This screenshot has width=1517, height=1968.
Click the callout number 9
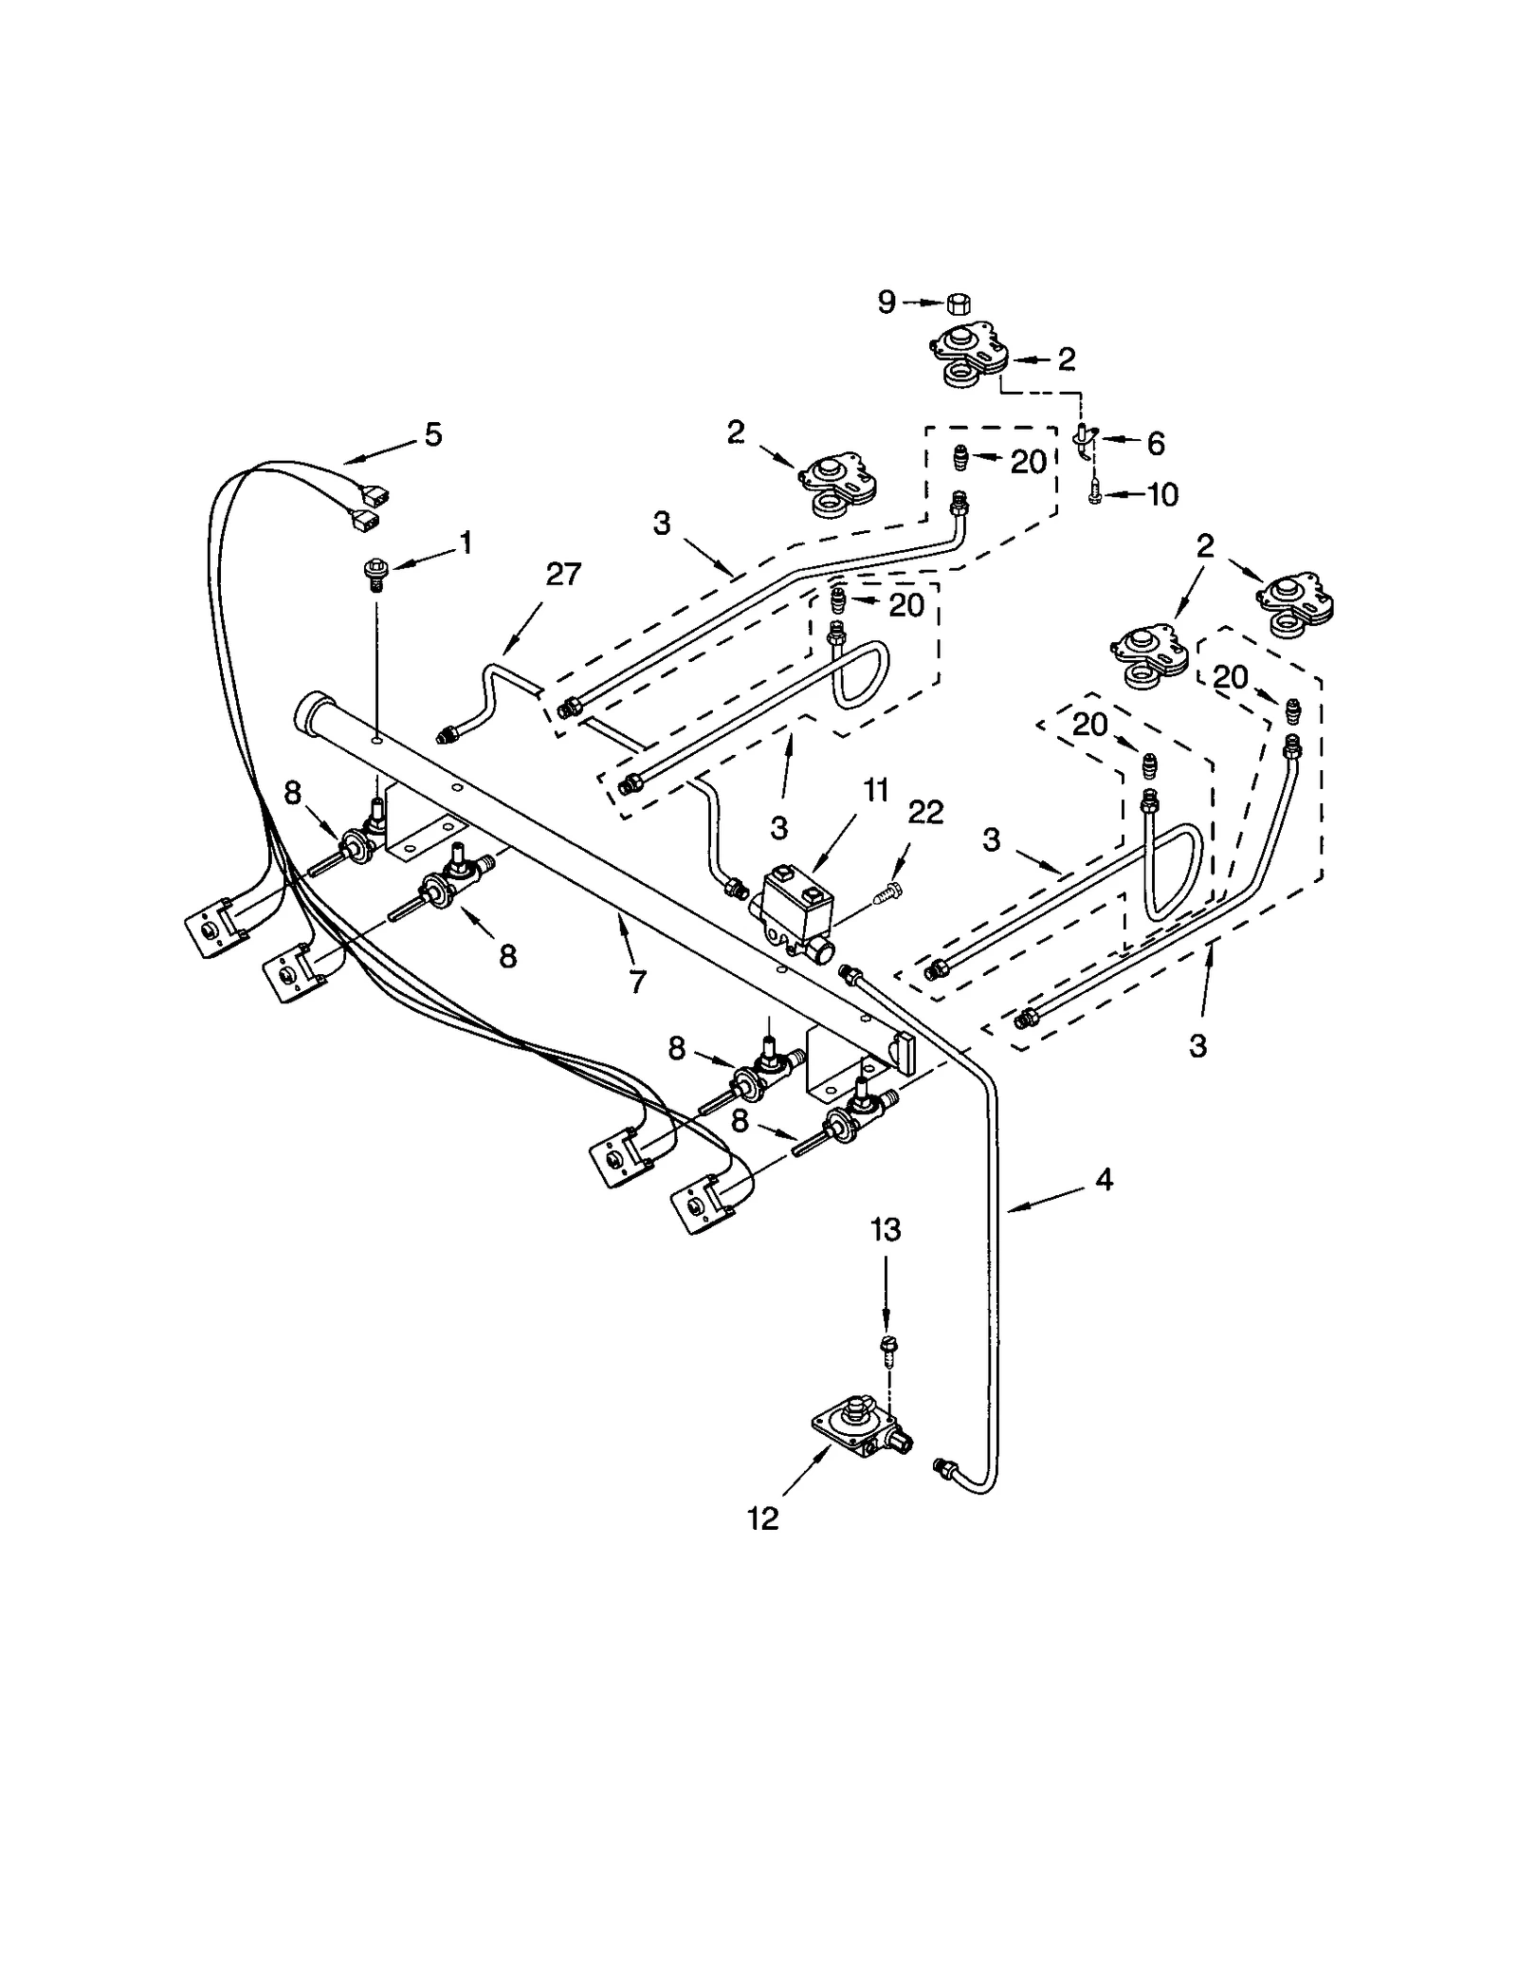click(x=886, y=303)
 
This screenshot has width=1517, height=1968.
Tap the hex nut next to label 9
click(x=958, y=303)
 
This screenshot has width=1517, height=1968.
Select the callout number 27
click(x=563, y=575)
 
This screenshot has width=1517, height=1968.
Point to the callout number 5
click(x=432, y=435)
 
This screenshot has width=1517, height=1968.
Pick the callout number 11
click(x=876, y=789)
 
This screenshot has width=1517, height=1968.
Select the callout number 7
click(x=637, y=983)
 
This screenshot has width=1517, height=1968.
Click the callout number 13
click(x=886, y=1230)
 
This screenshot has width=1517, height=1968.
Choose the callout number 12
click(x=762, y=1518)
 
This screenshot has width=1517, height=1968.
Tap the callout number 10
click(x=1162, y=494)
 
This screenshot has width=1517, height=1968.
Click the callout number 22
click(x=925, y=812)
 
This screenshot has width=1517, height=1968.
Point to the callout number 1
click(x=465, y=543)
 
